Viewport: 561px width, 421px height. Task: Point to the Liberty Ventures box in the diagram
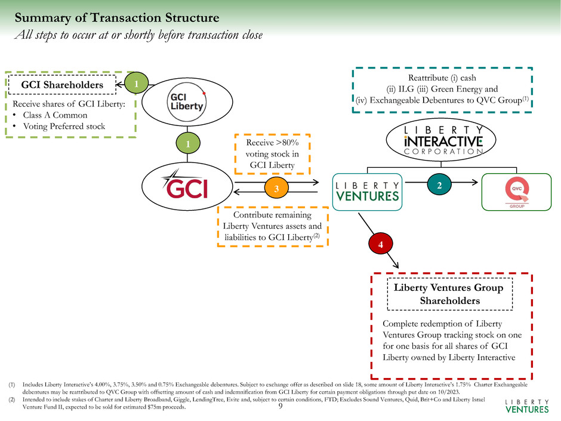pyautogui.click(x=368, y=192)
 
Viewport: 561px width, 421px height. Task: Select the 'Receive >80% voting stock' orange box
pyautogui.click(x=268, y=153)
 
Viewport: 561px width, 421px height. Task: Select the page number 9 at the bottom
pyautogui.click(x=280, y=407)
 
